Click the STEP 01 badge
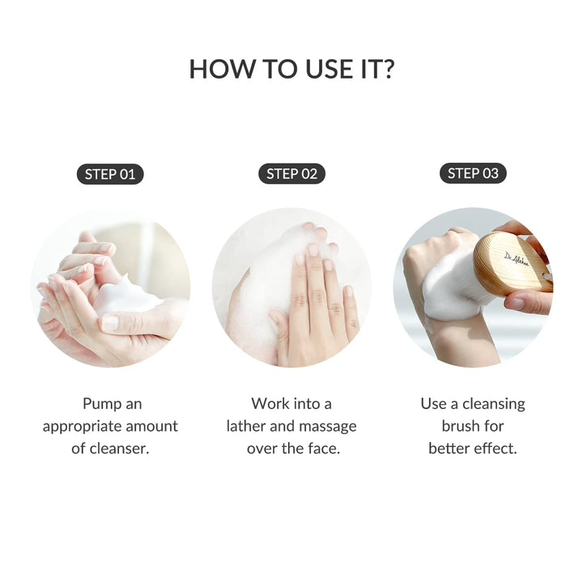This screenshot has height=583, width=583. click(x=110, y=173)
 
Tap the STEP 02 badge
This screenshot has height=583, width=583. click(x=291, y=173)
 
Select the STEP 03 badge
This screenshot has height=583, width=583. click(x=473, y=173)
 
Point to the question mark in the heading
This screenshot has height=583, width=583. click(x=388, y=69)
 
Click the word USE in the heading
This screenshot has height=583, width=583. click(x=311, y=69)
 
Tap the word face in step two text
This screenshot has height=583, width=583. click(x=322, y=449)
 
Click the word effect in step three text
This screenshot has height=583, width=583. click(x=494, y=449)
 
